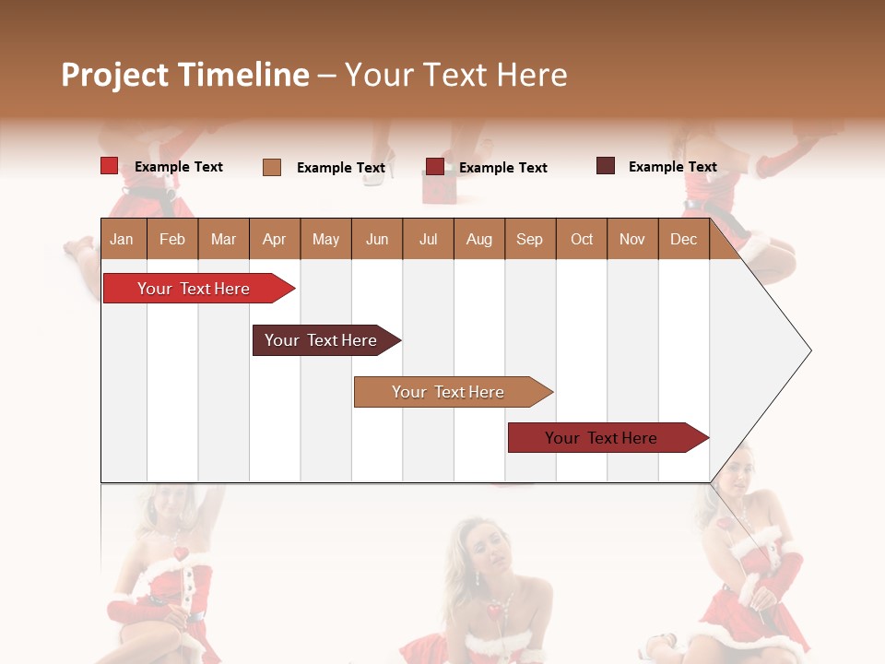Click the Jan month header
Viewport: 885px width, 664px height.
pyautogui.click(x=122, y=239)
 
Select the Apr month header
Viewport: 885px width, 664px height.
pyautogui.click(x=274, y=239)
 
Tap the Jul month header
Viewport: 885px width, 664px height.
pyautogui.click(x=428, y=239)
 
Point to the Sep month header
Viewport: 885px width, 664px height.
pyautogui.click(x=529, y=239)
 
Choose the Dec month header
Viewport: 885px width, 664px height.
pyautogui.click(x=683, y=239)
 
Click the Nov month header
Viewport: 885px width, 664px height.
pyautogui.click(x=631, y=239)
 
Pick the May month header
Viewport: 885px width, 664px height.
pyautogui.click(x=325, y=239)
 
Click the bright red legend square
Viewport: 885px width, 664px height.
pyautogui.click(x=109, y=166)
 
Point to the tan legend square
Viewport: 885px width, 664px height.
pyautogui.click(x=272, y=167)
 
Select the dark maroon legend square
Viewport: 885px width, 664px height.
pyautogui.click(x=606, y=166)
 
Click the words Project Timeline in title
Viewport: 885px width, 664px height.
pyautogui.click(x=184, y=75)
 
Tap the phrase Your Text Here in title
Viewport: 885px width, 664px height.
pyautogui.click(x=455, y=75)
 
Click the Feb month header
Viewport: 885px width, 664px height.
pyautogui.click(x=172, y=239)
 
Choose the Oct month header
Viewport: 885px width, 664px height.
pyautogui.click(x=582, y=239)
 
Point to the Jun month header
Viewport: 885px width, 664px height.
pyautogui.click(x=377, y=239)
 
